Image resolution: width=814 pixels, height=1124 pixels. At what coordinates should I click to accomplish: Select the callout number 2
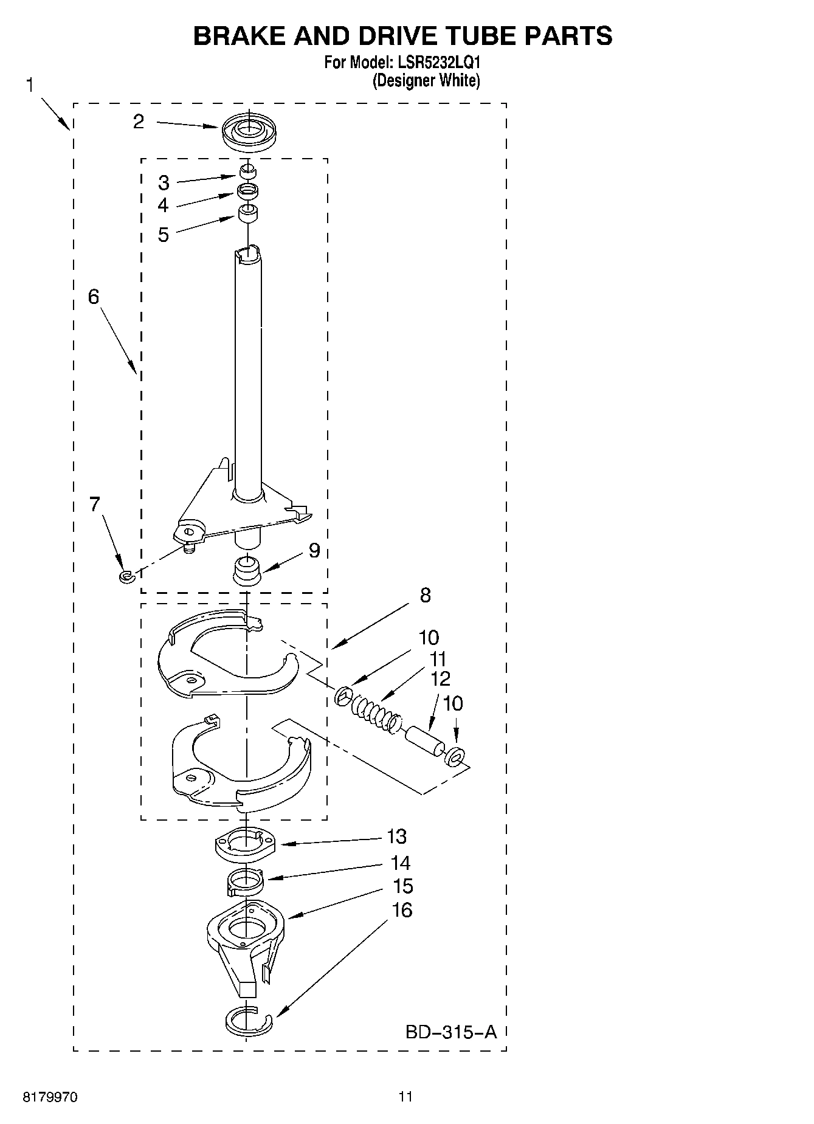[139, 122]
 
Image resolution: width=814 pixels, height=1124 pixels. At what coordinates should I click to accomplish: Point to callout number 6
[94, 297]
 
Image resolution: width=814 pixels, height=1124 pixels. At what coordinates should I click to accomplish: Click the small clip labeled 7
[126, 576]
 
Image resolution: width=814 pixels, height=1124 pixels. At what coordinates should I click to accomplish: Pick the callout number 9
[314, 550]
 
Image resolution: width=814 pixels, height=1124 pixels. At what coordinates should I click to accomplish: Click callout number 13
[396, 836]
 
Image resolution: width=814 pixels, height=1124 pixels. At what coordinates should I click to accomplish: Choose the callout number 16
[402, 910]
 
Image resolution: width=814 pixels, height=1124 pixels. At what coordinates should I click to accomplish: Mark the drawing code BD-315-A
[451, 1032]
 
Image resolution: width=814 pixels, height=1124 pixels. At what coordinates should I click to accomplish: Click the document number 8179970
[50, 1097]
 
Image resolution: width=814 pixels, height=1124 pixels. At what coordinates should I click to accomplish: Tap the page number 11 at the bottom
[405, 1097]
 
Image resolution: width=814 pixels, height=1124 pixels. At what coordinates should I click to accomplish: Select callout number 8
[425, 595]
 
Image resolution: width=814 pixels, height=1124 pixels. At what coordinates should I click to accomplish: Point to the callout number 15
[402, 886]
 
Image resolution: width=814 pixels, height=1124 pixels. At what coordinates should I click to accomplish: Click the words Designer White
[426, 81]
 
